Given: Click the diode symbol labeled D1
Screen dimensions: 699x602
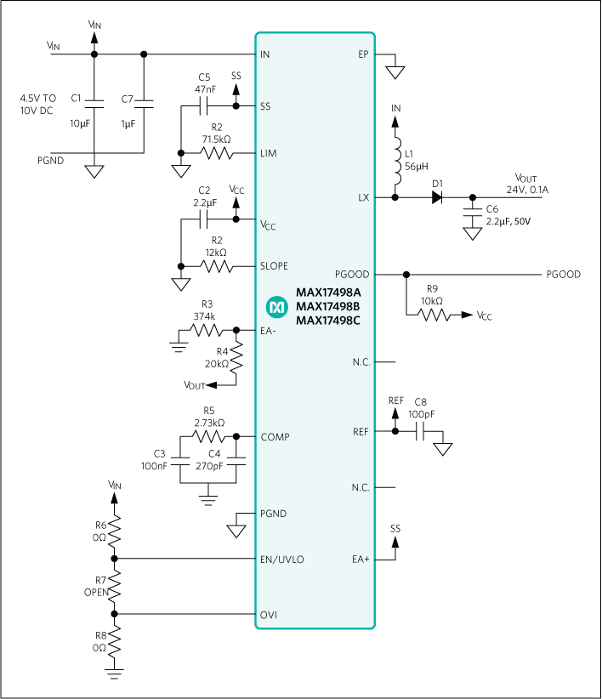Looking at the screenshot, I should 437,197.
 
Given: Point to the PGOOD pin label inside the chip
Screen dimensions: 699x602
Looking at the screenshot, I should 352,274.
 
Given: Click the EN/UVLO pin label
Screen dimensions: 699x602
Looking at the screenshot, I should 281,559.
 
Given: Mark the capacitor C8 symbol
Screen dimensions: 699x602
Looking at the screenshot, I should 419,431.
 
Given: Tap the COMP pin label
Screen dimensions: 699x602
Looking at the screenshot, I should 275,436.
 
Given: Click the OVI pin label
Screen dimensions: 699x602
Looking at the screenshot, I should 268,614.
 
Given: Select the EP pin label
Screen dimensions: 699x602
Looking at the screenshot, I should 364,54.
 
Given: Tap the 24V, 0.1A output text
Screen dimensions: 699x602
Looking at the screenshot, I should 527,190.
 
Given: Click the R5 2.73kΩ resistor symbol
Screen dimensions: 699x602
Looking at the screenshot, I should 208,436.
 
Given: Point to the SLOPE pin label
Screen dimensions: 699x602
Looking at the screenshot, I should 274,265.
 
